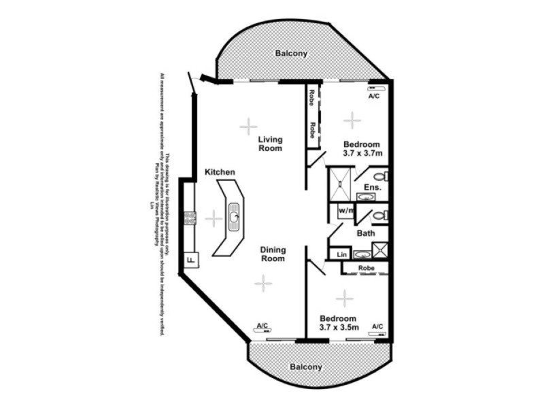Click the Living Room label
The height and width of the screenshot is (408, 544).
pos(270,143)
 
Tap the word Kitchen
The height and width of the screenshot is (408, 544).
pos(220,173)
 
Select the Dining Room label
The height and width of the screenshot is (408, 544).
pos(273,254)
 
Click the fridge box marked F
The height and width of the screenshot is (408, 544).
pos(190,259)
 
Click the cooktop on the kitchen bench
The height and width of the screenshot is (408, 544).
pos(188,218)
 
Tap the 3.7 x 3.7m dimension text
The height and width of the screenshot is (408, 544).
pos(361,154)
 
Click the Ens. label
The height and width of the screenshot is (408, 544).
pos(372,187)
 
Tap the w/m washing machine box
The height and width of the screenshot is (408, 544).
pos(345,211)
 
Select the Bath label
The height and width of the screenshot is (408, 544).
pos(367,233)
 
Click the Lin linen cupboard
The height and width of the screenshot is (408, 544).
pos(339,255)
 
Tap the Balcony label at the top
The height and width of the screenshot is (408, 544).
pos(291,52)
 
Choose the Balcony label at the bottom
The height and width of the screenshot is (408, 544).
pos(306,367)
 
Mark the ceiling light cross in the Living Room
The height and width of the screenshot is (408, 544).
pos(248,126)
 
